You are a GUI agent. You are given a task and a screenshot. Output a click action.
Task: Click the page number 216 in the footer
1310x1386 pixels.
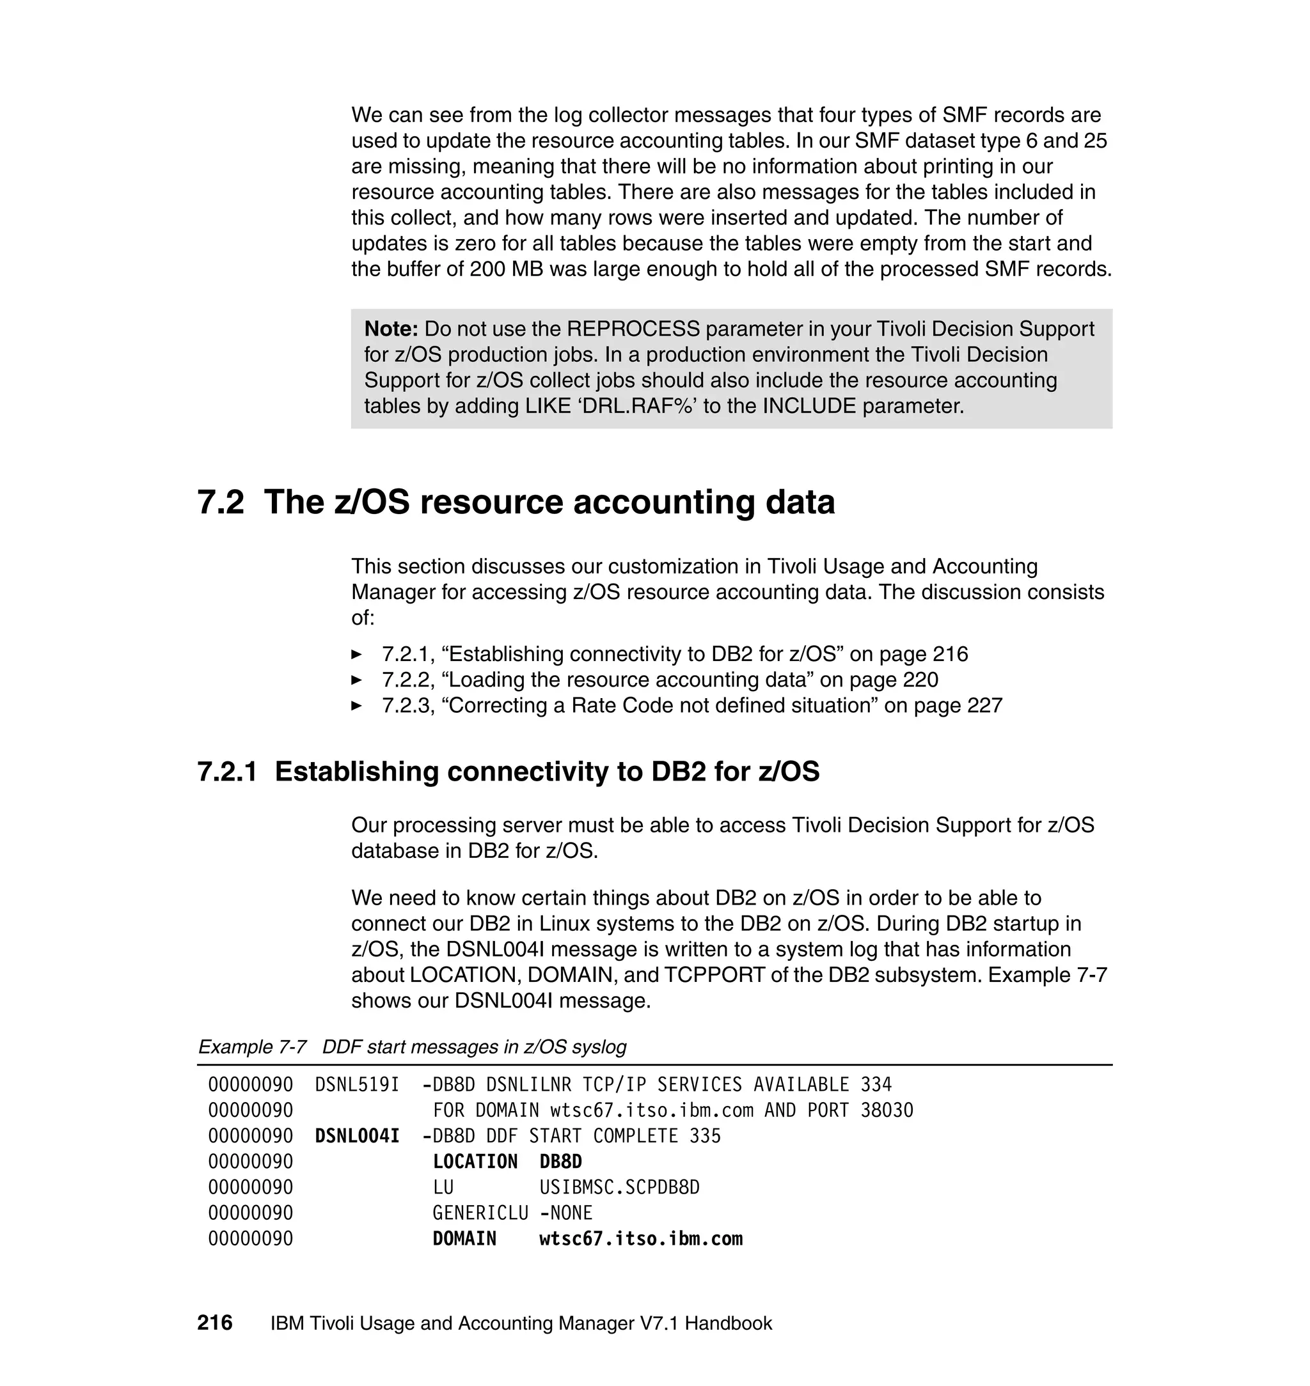(214, 1323)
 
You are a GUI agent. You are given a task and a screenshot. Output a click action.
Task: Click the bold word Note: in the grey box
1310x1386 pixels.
(390, 329)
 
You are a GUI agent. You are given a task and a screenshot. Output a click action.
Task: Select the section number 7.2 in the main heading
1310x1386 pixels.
(221, 502)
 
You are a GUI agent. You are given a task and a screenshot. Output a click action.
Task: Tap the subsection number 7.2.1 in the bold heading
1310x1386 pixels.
(227, 771)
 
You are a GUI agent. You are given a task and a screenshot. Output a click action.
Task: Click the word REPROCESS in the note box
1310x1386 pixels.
(633, 329)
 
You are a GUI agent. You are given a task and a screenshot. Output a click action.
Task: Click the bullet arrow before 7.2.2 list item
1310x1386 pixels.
(356, 680)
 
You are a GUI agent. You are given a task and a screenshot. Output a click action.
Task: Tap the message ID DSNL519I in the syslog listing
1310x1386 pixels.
(357, 1084)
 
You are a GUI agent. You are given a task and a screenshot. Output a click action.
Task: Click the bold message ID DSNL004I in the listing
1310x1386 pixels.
(357, 1136)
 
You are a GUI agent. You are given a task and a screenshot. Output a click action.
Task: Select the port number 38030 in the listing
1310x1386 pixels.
(886, 1110)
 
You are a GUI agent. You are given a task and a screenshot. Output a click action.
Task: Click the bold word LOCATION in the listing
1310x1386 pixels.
(475, 1162)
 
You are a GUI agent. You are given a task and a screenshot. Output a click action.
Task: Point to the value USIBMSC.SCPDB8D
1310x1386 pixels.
(619, 1188)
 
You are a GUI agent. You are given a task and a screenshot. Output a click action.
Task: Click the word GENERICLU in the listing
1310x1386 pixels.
(480, 1213)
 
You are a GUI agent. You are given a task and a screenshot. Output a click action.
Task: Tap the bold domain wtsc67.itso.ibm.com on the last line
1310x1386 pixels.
(640, 1239)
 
